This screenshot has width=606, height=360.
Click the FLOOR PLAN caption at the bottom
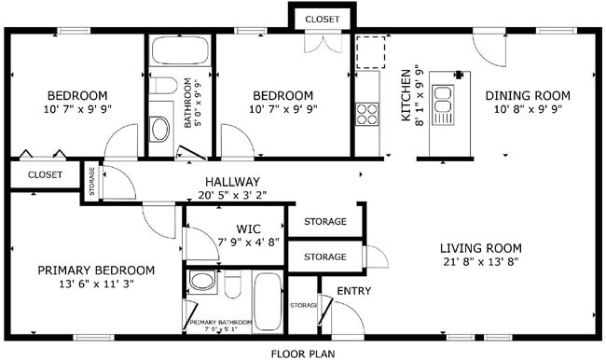click(303, 353)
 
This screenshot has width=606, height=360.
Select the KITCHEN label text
click(406, 95)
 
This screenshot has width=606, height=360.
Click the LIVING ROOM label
click(480, 248)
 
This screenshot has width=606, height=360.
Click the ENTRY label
click(354, 292)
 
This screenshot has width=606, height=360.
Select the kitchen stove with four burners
click(366, 114)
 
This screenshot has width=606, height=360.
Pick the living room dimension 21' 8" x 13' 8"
click(480, 262)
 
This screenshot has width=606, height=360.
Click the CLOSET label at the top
click(323, 19)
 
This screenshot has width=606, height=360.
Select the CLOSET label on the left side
click(45, 174)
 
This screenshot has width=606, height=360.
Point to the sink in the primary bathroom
click(200, 281)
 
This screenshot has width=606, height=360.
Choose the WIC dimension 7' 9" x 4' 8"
click(247, 242)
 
